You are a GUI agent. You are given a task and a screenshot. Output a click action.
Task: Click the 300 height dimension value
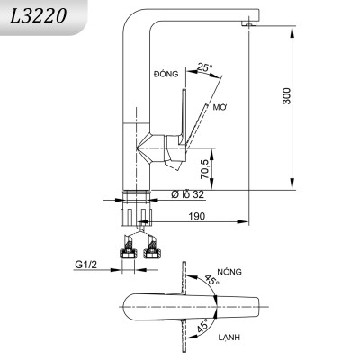287,97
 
